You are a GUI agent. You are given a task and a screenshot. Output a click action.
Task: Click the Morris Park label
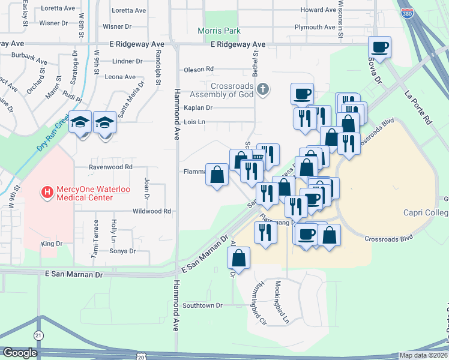tap(220, 31)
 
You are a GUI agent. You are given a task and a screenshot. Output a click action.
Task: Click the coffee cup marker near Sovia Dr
tap(379, 47)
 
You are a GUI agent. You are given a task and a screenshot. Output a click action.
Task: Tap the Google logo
tap(20, 353)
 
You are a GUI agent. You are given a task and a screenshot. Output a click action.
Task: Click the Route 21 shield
tap(38, 335)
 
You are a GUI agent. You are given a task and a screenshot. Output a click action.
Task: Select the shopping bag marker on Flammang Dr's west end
tap(217, 175)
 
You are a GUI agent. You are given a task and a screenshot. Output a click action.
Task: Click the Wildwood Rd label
tap(152, 211)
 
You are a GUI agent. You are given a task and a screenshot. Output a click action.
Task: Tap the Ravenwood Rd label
tap(110, 167)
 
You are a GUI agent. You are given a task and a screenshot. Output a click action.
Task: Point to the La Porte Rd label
tap(418, 107)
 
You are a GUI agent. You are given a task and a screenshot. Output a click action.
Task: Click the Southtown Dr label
tap(203, 305)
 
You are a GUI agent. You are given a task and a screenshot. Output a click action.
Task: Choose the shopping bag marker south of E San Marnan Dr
tap(238, 259)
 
